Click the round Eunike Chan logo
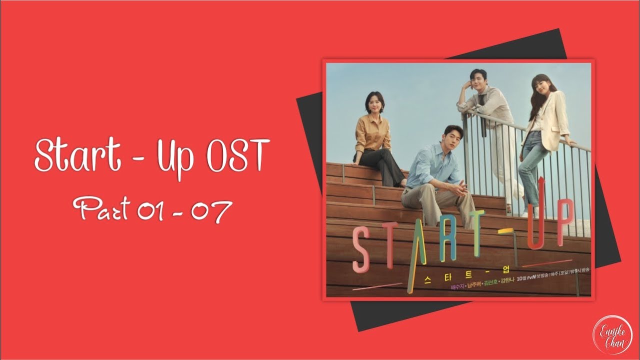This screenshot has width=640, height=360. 612,333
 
